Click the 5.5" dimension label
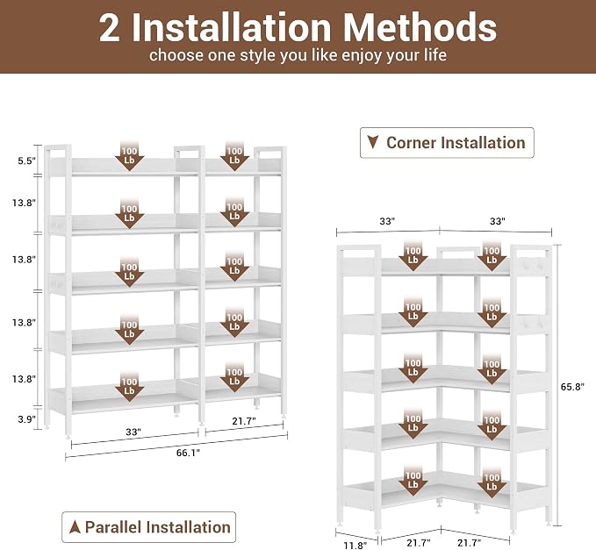pos(26,161)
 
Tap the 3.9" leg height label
pos(27,419)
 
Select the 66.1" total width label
pos(188,453)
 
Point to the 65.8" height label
pos(572,387)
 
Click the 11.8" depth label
pos(355,546)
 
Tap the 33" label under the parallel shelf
pos(133,432)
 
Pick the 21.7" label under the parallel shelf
pos(244,421)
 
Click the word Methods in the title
pos(420,28)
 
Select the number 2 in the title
pos(110,28)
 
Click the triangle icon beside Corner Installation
pos(373,142)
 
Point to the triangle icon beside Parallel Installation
pos(75,527)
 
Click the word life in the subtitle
pos(435,54)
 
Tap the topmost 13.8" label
pos(24,203)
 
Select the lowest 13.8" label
pos(24,379)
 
